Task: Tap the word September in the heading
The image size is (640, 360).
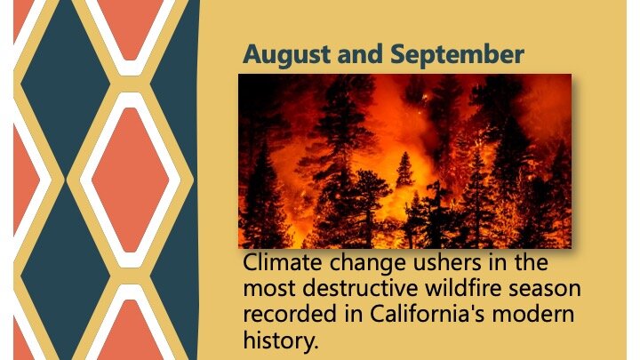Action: click(x=457, y=55)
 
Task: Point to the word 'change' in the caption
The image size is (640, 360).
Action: click(x=368, y=264)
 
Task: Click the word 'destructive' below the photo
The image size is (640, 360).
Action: click(x=360, y=289)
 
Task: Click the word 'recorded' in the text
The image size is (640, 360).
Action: click(x=290, y=315)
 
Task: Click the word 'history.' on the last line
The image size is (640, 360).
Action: click(x=280, y=340)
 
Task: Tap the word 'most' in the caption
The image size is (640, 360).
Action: click(x=269, y=290)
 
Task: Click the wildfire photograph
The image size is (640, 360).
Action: click(x=405, y=161)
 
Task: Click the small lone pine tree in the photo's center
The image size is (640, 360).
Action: click(x=405, y=170)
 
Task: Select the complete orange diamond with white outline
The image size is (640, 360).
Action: click(x=130, y=180)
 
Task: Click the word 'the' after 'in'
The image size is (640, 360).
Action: click(x=531, y=262)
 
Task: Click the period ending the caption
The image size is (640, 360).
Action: click(x=316, y=348)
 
